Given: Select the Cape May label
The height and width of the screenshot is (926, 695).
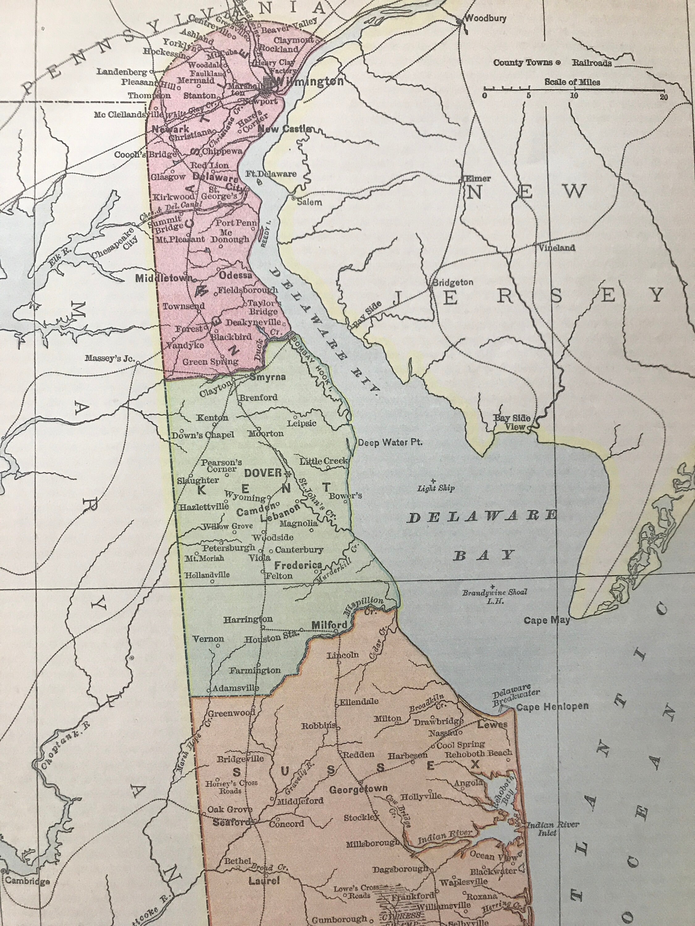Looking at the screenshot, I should [x=546, y=620].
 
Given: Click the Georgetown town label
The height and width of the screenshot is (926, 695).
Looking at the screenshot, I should [x=358, y=790].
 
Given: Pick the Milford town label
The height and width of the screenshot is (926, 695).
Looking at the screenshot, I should [x=329, y=625].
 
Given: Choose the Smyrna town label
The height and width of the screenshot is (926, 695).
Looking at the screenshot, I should [x=268, y=377].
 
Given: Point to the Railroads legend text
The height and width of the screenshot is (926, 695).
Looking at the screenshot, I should [x=592, y=63].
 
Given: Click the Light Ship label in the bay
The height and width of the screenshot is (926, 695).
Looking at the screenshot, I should [x=436, y=488].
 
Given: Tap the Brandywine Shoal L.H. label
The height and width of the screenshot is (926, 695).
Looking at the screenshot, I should [x=494, y=596].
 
